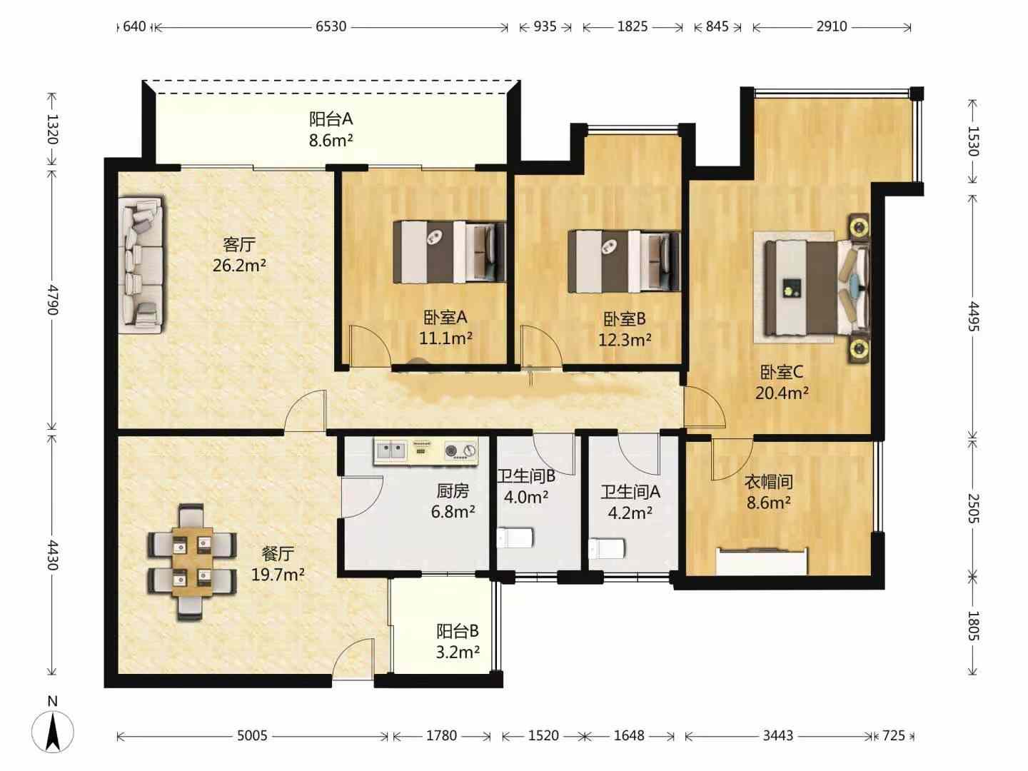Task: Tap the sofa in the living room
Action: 141,264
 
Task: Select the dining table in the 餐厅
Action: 192,562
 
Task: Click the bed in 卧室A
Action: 450,252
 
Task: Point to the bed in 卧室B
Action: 624,261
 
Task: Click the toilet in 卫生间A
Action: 607,548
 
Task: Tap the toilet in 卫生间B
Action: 515,538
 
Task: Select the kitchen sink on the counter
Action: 391,450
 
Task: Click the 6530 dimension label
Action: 331,26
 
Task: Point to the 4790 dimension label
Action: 52,300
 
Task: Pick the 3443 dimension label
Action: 778,735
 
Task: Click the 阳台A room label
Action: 331,119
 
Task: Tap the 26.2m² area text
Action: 239,266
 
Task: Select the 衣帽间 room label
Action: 769,481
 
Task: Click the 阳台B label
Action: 458,631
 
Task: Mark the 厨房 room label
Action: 453,491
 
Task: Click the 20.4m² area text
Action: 782,393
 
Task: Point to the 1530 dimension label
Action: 974,141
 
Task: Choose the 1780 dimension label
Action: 441,735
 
